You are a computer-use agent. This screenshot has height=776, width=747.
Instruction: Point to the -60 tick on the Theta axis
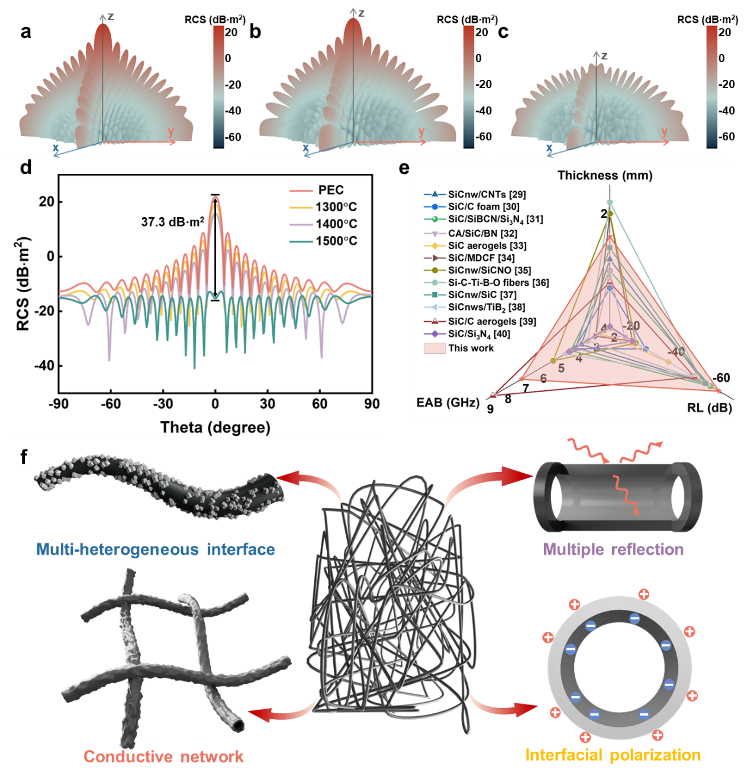pos(110,403)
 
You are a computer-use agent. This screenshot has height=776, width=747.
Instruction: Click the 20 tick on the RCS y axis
pos(46,202)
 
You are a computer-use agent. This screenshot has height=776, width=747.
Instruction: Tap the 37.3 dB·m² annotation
pos(172,222)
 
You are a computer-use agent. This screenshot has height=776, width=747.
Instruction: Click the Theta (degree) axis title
pos(215,427)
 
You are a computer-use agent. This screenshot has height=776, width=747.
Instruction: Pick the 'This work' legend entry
pos(471,348)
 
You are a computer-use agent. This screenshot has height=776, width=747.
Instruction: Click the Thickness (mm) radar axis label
pos(605,175)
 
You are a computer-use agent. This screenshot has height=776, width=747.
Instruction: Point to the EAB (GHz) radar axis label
pos(447,402)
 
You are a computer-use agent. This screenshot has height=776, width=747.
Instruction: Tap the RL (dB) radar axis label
pos(709,408)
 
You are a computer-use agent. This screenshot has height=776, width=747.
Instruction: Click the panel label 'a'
pos(25,31)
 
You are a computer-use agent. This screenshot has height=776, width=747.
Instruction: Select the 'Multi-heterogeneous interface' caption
pos(156,549)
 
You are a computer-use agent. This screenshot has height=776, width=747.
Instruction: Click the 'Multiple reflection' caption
pos(613,549)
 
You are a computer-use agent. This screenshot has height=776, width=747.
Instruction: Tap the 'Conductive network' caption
pos(163,756)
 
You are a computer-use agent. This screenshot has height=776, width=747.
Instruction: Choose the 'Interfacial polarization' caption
pos(613,755)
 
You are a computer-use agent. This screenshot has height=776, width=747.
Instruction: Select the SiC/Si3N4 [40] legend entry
pos(478,334)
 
